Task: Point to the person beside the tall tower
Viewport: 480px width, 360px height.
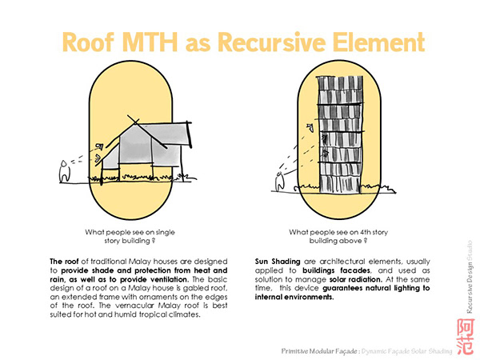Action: (x=279, y=182)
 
